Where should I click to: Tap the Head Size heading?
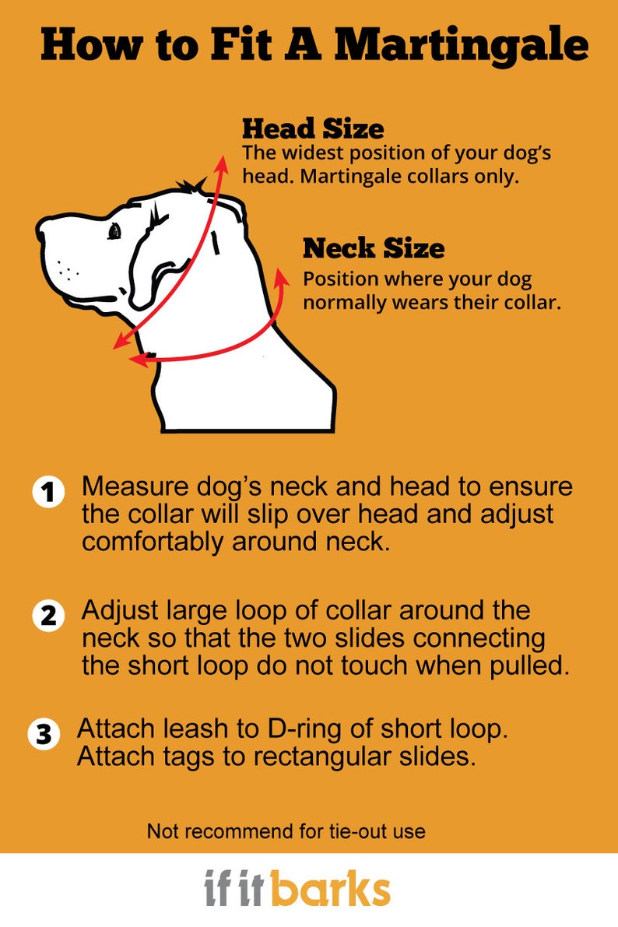pos(312,128)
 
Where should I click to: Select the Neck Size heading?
pos(374,248)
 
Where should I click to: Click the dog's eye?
pos(115,231)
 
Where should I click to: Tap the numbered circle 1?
pos(48,493)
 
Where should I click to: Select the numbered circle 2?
pos(48,616)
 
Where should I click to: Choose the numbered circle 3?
pos(44,734)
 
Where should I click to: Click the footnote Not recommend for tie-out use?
pos(286,831)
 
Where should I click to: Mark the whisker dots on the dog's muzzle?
pos(68,271)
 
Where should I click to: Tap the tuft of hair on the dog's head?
pos(190,186)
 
